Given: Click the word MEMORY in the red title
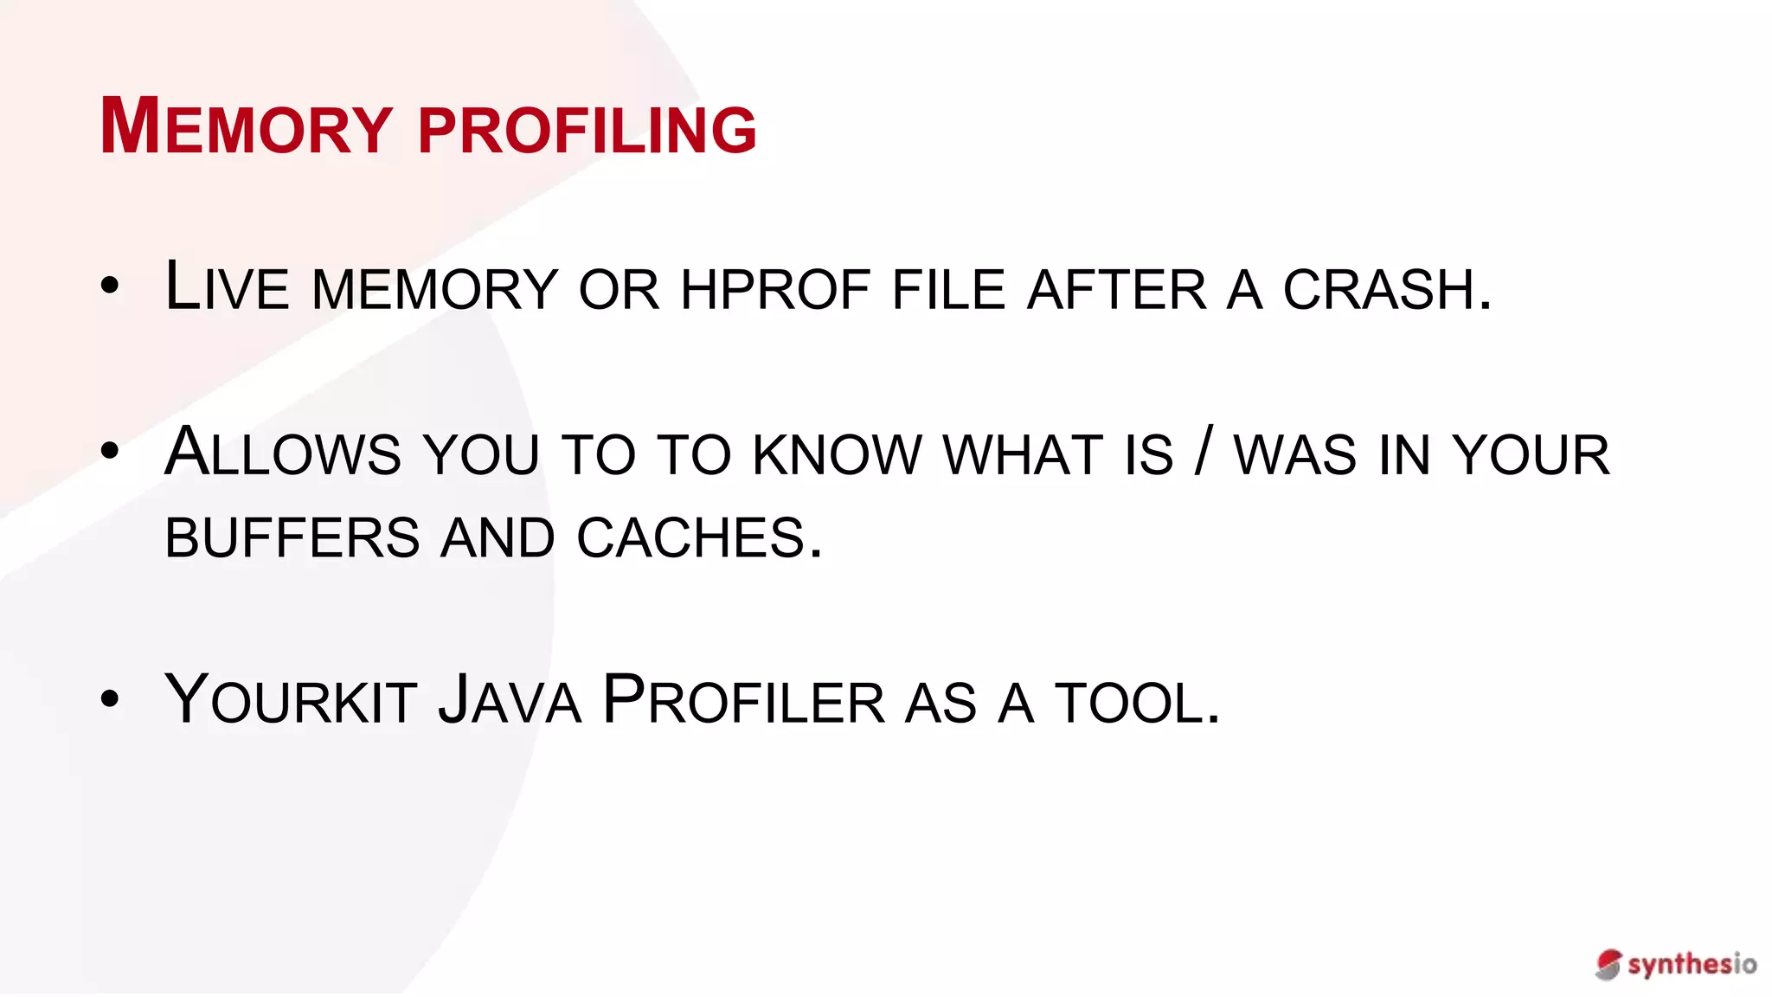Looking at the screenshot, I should point(247,128).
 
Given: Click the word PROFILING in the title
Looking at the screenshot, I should point(587,130).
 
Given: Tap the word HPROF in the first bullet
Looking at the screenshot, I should point(775,289).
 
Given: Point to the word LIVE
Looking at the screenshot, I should point(227,286).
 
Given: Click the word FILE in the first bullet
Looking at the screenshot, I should point(948,289).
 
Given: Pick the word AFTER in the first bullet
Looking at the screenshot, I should point(1116,289).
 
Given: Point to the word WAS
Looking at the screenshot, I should point(1294,454).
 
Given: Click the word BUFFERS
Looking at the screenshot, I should point(292,537).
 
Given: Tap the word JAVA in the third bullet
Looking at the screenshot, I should point(510,700).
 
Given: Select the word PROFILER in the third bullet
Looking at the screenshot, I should point(743,700).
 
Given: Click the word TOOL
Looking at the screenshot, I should point(1137,702).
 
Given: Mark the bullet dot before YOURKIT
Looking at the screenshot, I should point(110,698).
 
